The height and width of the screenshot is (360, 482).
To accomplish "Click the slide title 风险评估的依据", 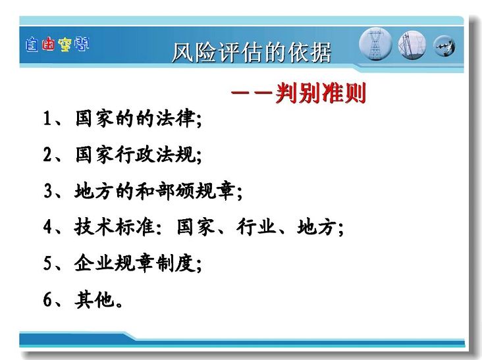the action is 252,53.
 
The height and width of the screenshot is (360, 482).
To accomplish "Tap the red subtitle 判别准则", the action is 321,93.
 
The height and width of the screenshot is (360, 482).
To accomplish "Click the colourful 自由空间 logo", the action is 57,45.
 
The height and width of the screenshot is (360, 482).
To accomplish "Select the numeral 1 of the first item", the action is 47,118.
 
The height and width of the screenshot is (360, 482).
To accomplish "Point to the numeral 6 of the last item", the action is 47,299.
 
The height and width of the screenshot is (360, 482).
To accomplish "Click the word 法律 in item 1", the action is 175,118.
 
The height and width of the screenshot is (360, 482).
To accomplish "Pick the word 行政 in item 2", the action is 135,154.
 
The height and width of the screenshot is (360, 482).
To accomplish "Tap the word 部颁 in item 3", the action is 175,191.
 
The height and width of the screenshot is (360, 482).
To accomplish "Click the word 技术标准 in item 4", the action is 115,226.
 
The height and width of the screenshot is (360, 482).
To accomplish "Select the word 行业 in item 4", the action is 255,226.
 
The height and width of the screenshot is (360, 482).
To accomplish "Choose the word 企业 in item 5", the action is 94,263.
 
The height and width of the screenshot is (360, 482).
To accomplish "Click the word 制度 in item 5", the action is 175,263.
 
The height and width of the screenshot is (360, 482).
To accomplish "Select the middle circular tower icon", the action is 412,45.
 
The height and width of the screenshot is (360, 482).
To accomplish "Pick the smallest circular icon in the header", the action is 444,46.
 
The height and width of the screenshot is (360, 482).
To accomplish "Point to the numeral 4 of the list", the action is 47,226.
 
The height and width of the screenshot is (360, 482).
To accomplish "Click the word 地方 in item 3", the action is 94,191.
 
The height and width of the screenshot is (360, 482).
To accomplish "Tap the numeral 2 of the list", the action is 47,154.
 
